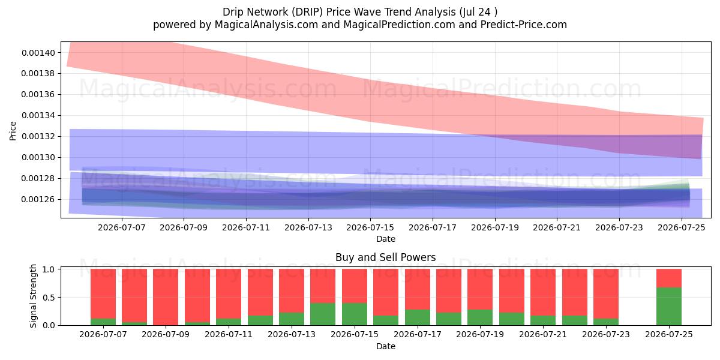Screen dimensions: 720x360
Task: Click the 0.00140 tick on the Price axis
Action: (x=38, y=53)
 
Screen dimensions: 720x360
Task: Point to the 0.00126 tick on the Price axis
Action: (x=38, y=200)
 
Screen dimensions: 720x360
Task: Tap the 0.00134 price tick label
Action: (x=38, y=116)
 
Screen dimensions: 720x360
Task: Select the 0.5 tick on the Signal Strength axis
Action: (x=49, y=298)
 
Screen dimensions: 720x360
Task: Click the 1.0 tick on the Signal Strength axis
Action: (x=49, y=269)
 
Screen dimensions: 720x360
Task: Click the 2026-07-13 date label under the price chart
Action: (x=308, y=227)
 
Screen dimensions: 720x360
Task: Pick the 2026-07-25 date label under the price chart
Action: (x=682, y=227)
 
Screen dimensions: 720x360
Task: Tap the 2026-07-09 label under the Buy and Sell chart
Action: (x=166, y=334)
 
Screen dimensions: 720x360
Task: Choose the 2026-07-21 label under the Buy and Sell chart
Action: (x=543, y=334)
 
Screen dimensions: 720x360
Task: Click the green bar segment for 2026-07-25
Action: (x=669, y=307)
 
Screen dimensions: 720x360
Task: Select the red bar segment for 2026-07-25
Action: (x=669, y=278)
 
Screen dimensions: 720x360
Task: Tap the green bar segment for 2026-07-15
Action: (x=355, y=314)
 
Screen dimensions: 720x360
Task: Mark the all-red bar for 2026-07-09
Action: (x=166, y=297)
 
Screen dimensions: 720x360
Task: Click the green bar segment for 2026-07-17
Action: (x=418, y=317)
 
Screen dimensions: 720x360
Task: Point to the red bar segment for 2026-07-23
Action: (x=606, y=294)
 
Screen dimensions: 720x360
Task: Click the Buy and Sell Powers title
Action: (x=386, y=257)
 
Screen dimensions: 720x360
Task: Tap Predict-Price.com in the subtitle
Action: (x=524, y=25)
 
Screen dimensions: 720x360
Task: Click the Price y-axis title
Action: (x=13, y=131)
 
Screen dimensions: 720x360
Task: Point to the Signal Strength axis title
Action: (x=33, y=296)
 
